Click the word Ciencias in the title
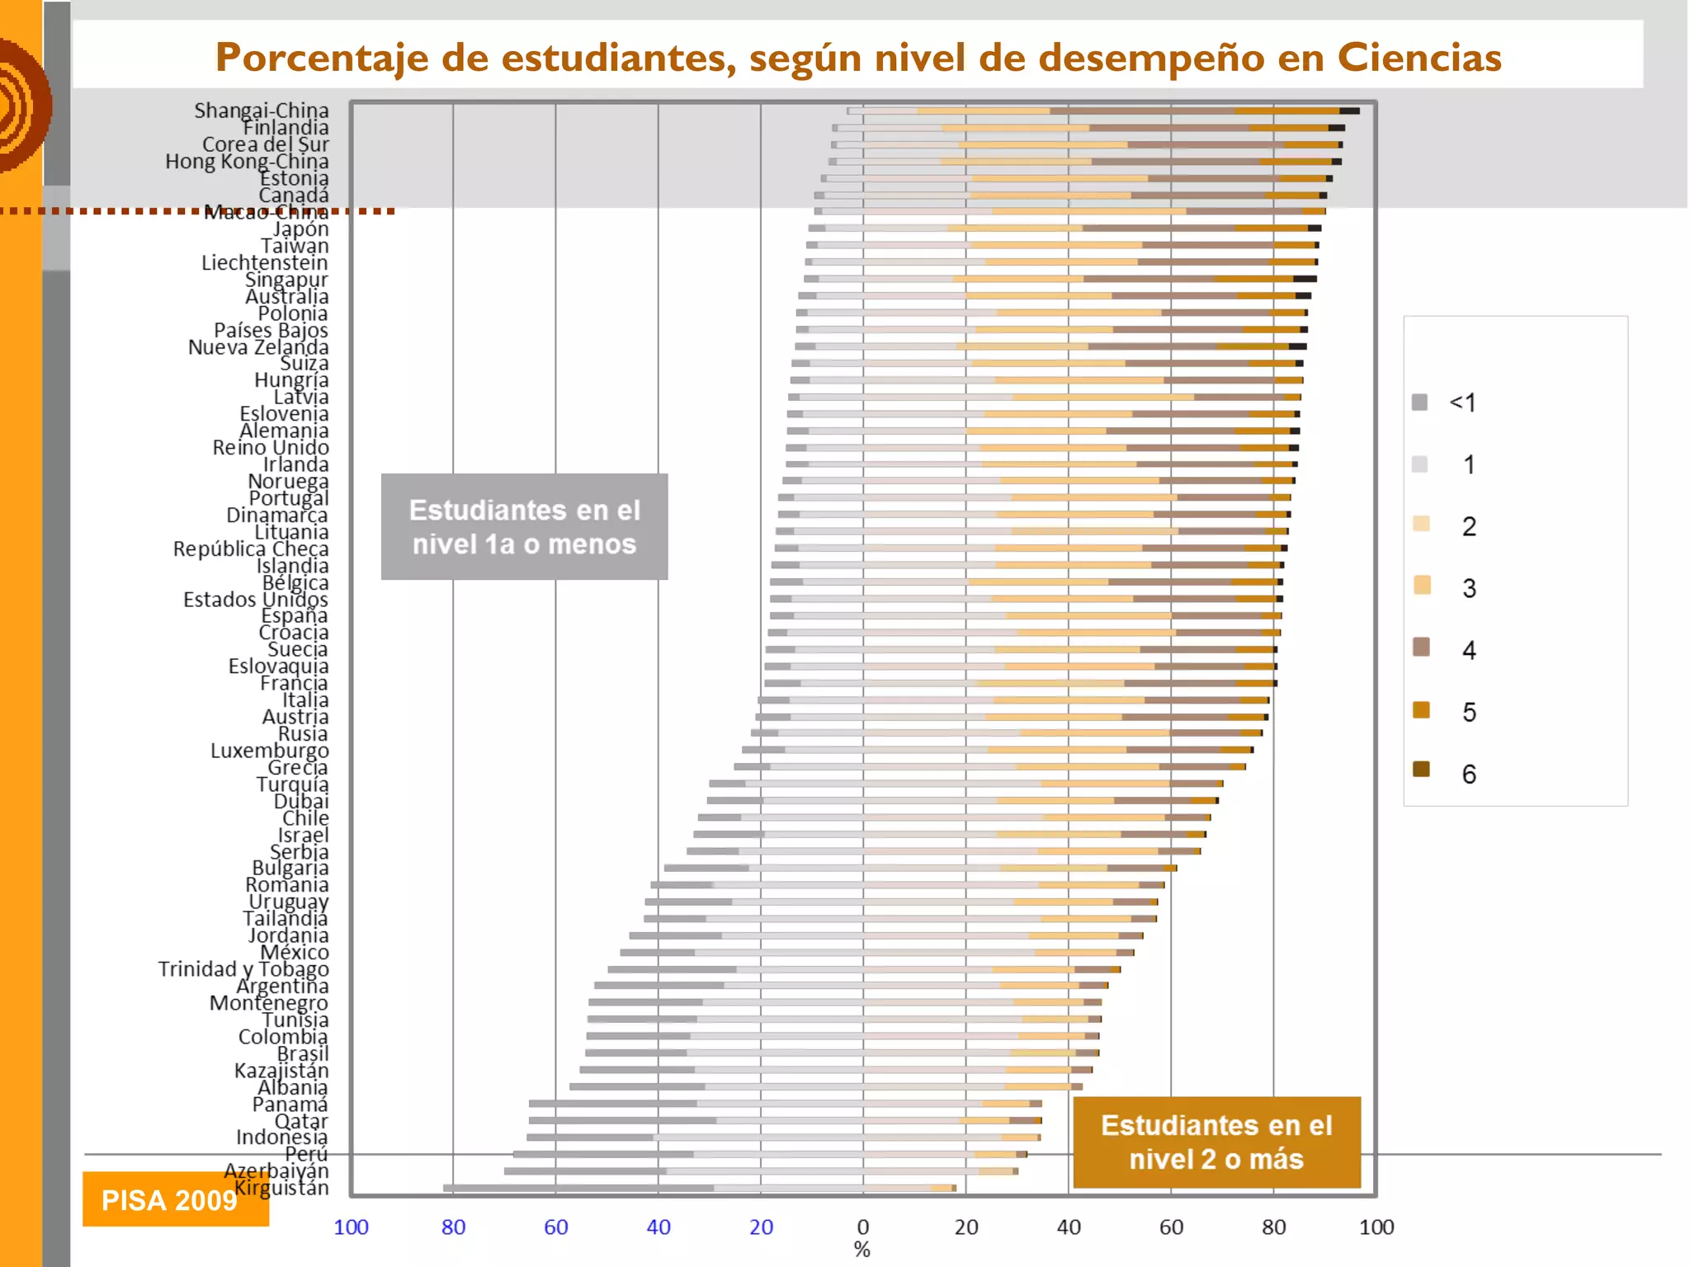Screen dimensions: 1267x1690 pyautogui.click(x=1419, y=58)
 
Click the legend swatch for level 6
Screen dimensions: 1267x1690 pyautogui.click(x=1421, y=770)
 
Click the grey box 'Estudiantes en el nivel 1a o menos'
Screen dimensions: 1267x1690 pyautogui.click(x=524, y=527)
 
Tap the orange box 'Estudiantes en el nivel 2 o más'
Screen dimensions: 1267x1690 pyautogui.click(x=1216, y=1142)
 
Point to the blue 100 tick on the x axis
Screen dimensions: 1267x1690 pyautogui.click(x=351, y=1227)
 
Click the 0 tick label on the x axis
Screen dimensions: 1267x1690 pyautogui.click(x=863, y=1227)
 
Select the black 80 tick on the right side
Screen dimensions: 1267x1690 pyautogui.click(x=1273, y=1227)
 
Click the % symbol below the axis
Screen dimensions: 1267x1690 pyautogui.click(x=862, y=1250)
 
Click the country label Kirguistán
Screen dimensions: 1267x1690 pyautogui.click(x=281, y=1188)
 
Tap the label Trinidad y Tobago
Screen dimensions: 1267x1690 pyautogui.click(x=243, y=969)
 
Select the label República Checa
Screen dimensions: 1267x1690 pyautogui.click(x=251, y=549)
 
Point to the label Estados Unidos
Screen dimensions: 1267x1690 pyautogui.click(x=256, y=600)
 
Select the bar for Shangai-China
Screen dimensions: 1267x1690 pyautogui.click(x=1098, y=111)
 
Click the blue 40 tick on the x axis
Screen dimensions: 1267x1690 pyautogui.click(x=659, y=1227)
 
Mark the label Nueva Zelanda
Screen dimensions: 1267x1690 pyautogui.click(x=258, y=347)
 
